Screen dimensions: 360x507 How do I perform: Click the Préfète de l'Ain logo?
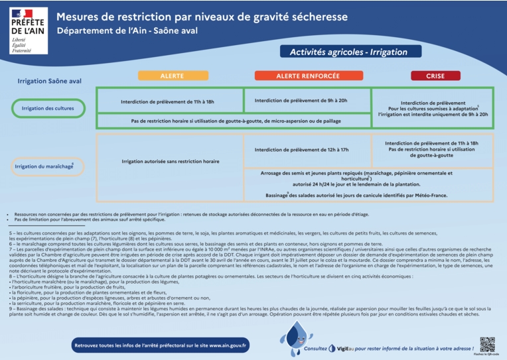[29, 30]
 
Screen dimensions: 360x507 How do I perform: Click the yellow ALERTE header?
[172, 76]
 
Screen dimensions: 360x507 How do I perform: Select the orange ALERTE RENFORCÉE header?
[307, 76]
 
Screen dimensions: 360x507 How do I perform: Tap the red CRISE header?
[435, 76]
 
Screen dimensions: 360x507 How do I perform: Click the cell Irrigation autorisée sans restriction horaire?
[170, 161]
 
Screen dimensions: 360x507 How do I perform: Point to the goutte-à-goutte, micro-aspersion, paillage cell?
[234, 121]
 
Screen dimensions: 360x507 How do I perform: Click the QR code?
[487, 344]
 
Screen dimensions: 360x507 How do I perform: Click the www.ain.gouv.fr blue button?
[161, 345]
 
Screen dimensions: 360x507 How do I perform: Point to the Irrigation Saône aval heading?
[49, 81]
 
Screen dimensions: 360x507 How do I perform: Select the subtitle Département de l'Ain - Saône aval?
[127, 30]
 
